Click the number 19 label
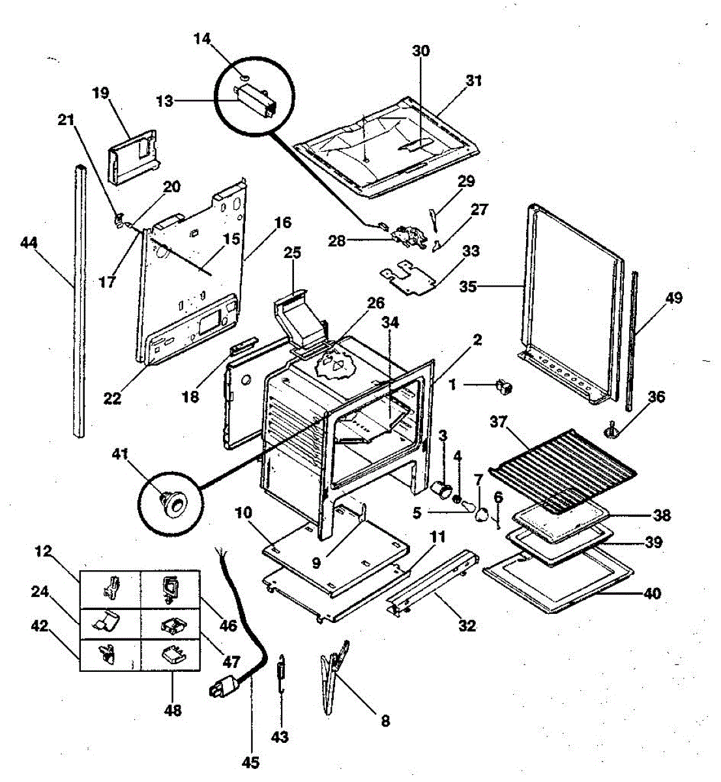(100, 93)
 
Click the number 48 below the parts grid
(173, 710)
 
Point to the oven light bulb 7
(483, 515)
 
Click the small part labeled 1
(504, 387)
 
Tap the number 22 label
(112, 397)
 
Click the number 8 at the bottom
(385, 721)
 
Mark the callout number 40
(651, 593)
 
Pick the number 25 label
(291, 251)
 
